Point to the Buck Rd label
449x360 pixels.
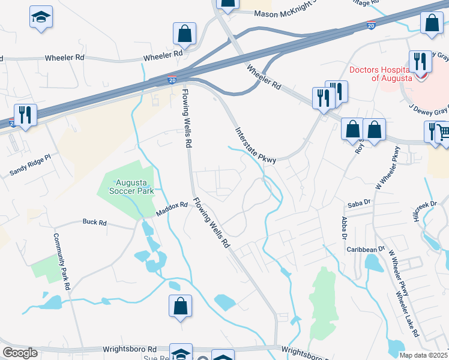pos(94,222)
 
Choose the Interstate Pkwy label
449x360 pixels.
pos(255,145)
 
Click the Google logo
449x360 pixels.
pos(20,353)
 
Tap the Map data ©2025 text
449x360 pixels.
pos(423,355)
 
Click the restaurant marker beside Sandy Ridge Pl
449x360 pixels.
pos(25,114)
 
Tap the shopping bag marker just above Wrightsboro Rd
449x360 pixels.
pos(180,305)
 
